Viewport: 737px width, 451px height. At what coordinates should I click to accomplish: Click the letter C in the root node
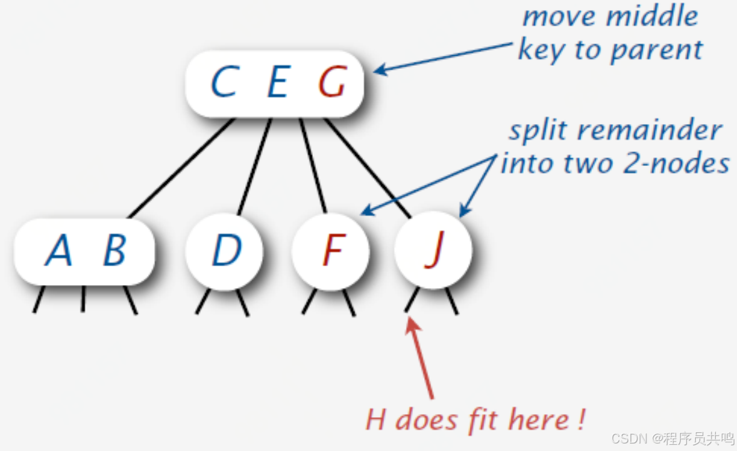pyautogui.click(x=223, y=83)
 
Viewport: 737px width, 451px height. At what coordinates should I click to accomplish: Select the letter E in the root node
pyautogui.click(x=277, y=83)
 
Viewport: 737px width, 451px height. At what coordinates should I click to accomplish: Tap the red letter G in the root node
pyautogui.click(x=331, y=83)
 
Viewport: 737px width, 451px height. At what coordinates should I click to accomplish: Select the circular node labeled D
pyautogui.click(x=225, y=251)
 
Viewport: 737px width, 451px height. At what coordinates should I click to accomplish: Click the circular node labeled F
pyautogui.click(x=331, y=251)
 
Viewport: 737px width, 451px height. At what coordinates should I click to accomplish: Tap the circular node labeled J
pyautogui.click(x=434, y=251)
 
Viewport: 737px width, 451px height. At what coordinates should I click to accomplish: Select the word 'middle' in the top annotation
pyautogui.click(x=658, y=16)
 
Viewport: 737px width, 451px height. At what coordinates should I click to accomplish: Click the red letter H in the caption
pyautogui.click(x=375, y=419)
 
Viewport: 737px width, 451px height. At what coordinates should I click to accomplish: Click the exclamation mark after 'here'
pyautogui.click(x=581, y=419)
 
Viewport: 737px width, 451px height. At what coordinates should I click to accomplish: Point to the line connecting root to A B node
pyautogui.click(x=181, y=168)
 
